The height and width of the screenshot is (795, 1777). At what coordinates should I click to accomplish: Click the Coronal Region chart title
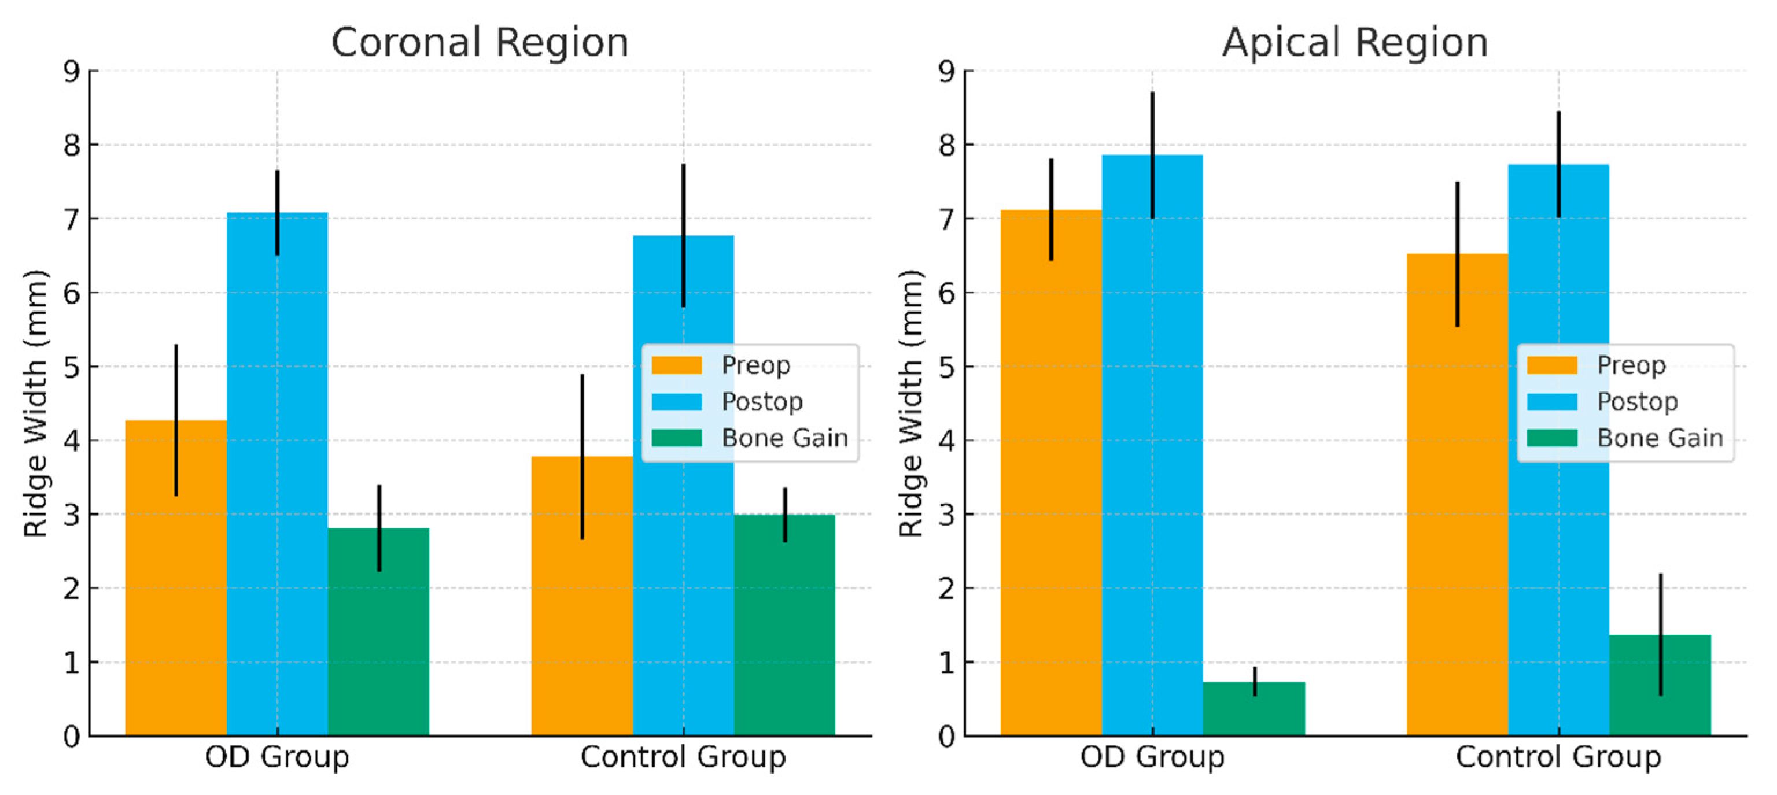pyautogui.click(x=480, y=43)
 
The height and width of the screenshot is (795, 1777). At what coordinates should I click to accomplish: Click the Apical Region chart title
pyautogui.click(x=1354, y=43)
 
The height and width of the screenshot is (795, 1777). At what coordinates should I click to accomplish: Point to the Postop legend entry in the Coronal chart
pyautogui.click(x=762, y=401)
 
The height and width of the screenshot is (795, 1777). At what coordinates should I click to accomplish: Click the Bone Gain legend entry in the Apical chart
pyautogui.click(x=1660, y=438)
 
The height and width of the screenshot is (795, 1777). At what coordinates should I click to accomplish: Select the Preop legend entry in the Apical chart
pyautogui.click(x=1631, y=365)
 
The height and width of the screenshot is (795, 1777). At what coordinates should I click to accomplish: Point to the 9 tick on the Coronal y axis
pyautogui.click(x=72, y=71)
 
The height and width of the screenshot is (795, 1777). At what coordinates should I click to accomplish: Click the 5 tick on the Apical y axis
pyautogui.click(x=946, y=367)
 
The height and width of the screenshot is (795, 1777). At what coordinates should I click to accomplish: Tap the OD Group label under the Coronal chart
pyautogui.click(x=277, y=757)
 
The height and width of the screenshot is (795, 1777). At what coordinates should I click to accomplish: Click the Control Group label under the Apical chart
pyautogui.click(x=1558, y=757)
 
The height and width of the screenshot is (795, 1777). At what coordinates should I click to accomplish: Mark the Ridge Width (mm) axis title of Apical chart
pyautogui.click(x=910, y=404)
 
